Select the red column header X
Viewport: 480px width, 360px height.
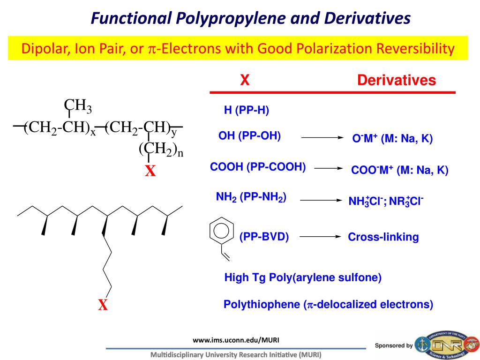point(244,80)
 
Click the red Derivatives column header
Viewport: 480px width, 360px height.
point(396,80)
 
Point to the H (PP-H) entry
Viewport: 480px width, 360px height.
point(246,111)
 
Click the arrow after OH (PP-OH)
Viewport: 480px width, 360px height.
point(322,138)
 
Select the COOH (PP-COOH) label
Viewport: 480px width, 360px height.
point(258,167)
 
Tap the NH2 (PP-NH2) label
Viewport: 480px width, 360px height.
point(251,197)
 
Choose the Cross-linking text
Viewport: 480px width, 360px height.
point(383,237)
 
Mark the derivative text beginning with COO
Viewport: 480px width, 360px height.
point(399,170)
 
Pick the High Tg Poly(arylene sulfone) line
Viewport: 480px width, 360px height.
point(303,278)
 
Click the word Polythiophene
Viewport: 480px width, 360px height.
point(262,305)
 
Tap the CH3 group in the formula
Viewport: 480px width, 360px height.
point(78,106)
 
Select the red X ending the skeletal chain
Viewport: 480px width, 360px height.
point(103,306)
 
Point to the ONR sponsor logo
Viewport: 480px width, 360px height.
point(448,345)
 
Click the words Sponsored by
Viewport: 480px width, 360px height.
point(394,345)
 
